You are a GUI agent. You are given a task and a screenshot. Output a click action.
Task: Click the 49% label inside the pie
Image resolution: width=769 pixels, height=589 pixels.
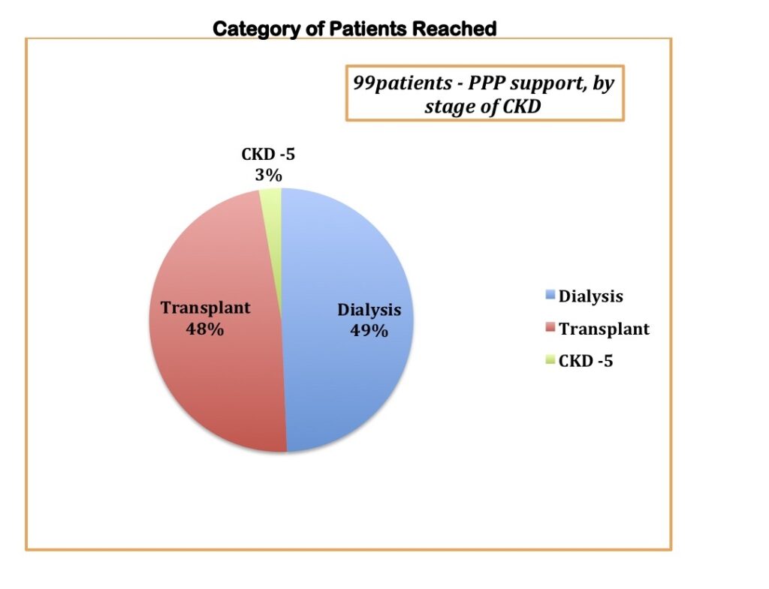369,331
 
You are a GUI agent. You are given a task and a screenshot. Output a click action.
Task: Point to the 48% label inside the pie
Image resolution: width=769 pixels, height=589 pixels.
205,329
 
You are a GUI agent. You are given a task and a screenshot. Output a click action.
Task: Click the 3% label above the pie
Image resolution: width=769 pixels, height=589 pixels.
268,175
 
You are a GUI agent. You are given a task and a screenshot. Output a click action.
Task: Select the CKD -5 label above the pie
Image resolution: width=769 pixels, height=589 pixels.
268,155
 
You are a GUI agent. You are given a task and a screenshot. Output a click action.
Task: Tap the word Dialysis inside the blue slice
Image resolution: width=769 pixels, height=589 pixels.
369,310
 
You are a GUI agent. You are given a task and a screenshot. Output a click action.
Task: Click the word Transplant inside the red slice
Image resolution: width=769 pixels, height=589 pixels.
206,308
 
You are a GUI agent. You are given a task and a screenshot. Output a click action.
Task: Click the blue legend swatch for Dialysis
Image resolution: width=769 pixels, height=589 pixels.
550,294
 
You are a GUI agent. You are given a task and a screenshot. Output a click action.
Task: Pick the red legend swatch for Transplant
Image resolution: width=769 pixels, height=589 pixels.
550,327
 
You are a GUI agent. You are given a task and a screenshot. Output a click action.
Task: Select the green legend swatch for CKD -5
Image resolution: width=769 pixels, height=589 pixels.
550,359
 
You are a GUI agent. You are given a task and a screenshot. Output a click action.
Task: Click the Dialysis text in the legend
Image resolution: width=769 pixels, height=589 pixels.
591,296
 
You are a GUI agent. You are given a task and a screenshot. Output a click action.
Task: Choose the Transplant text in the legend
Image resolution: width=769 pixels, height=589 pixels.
605,329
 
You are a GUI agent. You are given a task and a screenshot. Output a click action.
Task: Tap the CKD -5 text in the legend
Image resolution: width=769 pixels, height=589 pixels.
586,361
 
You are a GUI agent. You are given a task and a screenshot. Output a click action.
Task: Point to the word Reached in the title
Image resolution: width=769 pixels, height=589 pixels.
454,29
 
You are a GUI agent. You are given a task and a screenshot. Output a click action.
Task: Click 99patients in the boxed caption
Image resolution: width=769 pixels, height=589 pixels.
403,83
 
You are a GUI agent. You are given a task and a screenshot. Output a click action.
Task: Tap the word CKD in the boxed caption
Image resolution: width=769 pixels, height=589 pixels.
522,106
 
